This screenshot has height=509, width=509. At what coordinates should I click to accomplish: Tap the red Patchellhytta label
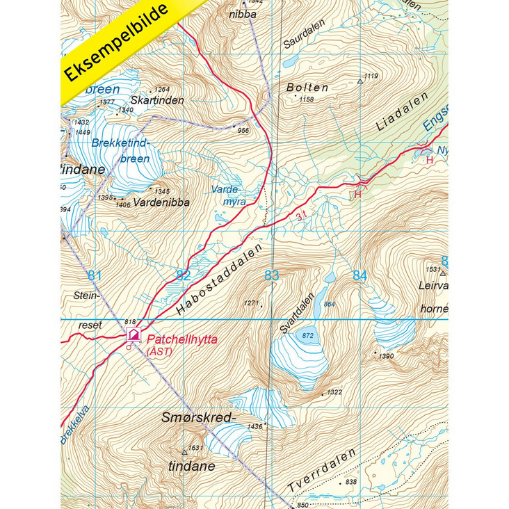(181, 339)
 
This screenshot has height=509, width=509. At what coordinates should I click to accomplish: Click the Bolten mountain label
(307, 88)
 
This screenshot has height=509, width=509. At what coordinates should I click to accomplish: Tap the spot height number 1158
(307, 99)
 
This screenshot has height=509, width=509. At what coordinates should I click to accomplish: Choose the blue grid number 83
(271, 276)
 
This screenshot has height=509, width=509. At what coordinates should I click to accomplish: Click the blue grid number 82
(183, 276)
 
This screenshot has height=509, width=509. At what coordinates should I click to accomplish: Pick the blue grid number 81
(95, 276)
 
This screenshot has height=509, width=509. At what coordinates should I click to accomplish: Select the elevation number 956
(243, 130)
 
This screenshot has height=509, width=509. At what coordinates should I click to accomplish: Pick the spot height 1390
(387, 356)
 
